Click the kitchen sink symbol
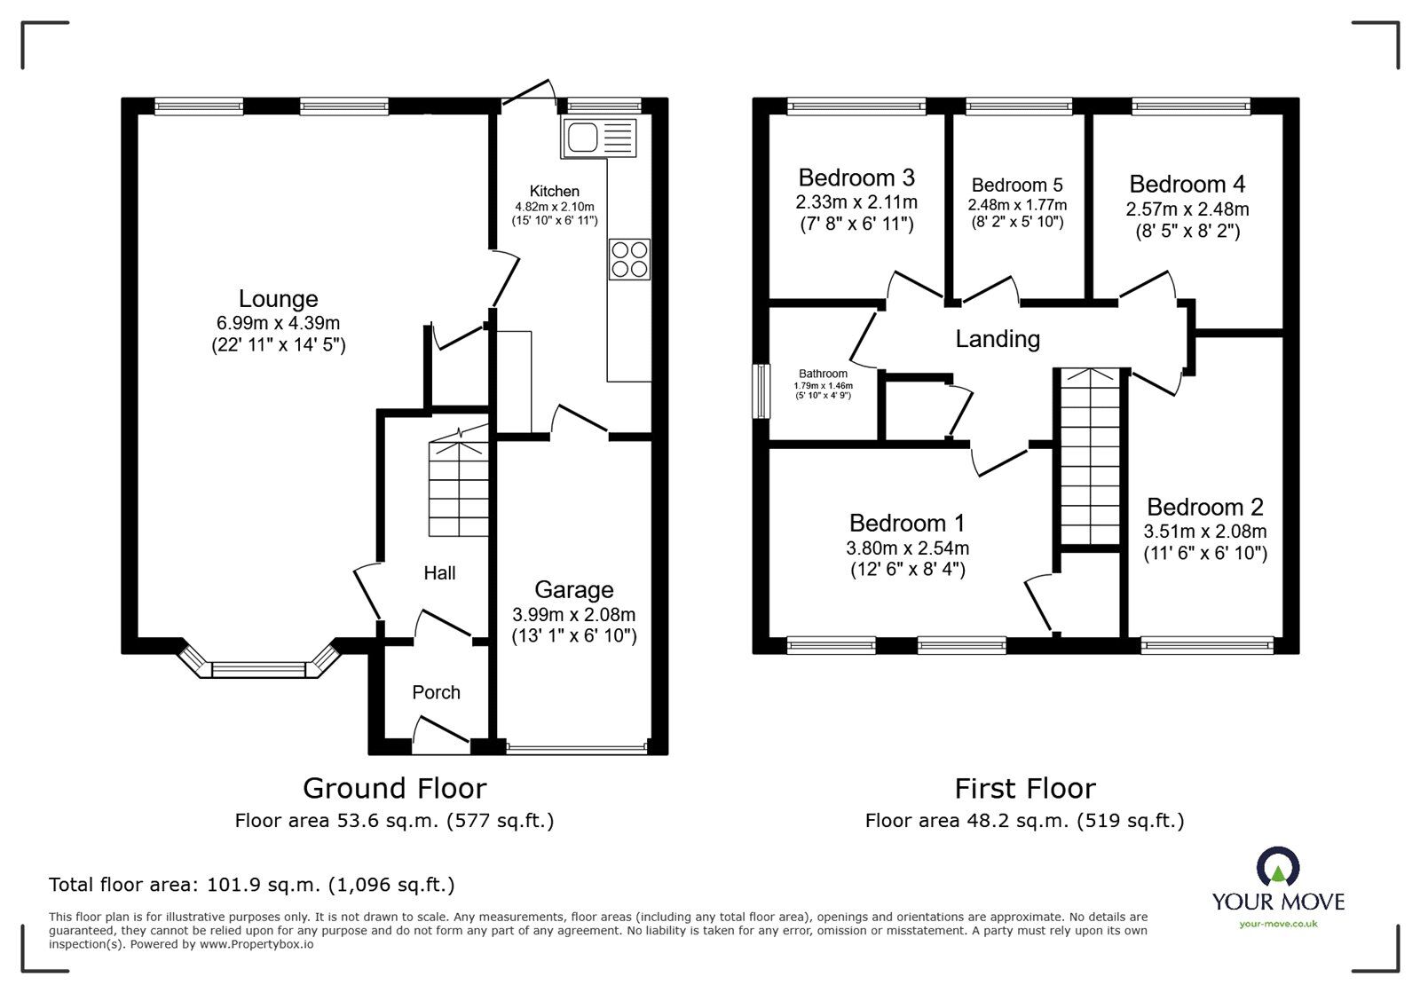pos(598,137)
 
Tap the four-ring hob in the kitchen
pos(629,259)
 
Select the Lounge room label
pos(279,298)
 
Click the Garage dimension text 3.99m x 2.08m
pos(573,614)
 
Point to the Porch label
pos(436,692)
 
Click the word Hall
pos(439,573)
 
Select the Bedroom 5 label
pos(1017,185)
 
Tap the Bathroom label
pos(823,374)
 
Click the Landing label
pos(998,339)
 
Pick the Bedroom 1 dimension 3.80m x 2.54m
pos(907,548)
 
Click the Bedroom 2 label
pos(1205,507)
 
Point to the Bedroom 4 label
pos(1187,184)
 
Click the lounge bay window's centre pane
pos(258,670)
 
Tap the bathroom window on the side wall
pos(761,391)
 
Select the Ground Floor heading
pos(394,788)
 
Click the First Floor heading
pos(1025,789)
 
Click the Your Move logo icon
pos(1278,865)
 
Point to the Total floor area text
pos(252,884)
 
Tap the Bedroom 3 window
pos(856,106)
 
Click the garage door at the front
pos(577,748)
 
